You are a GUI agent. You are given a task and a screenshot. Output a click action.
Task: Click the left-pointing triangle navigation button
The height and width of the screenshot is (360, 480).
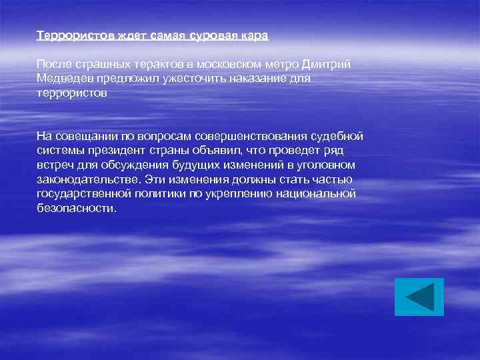pyautogui.click(x=419, y=297)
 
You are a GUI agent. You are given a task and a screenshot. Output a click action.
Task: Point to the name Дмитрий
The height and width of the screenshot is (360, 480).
pyautogui.click(x=326, y=64)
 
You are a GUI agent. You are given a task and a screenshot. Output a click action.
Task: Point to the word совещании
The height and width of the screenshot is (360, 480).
pyautogui.click(x=86, y=137)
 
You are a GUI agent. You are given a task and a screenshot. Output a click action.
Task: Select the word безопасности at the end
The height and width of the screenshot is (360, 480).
pyautogui.click(x=76, y=208)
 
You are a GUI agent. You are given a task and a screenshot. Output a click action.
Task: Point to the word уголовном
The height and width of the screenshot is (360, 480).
pyautogui.click(x=324, y=165)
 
